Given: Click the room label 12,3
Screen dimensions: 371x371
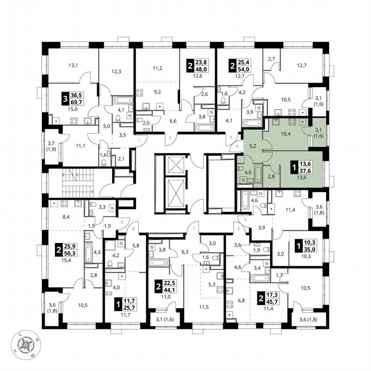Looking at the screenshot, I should (x=116, y=71).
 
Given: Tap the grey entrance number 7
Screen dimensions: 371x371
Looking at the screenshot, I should (x=194, y=228).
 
